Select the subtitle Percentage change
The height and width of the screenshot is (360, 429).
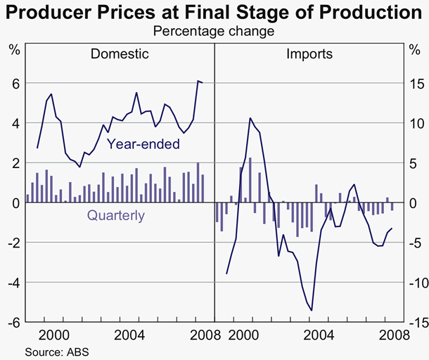pyautogui.click(x=214, y=32)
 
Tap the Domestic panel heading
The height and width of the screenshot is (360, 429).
pyautogui.click(x=120, y=54)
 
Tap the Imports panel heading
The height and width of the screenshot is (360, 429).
pyautogui.click(x=309, y=54)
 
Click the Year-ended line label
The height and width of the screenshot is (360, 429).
pyautogui.click(x=143, y=144)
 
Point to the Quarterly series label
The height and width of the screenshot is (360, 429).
pyautogui.click(x=116, y=216)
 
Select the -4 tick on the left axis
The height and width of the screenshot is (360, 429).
pyautogui.click(x=12, y=283)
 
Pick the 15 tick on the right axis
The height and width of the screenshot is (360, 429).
pyautogui.click(x=416, y=84)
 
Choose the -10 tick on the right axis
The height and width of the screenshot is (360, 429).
pyautogui.click(x=414, y=283)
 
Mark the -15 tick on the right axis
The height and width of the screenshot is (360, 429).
pyautogui.click(x=414, y=323)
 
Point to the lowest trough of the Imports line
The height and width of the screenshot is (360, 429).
pyautogui.click(x=311, y=310)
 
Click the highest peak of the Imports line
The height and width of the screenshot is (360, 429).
pyautogui.click(x=250, y=118)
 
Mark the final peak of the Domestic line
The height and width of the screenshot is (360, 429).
pyautogui.click(x=198, y=82)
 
